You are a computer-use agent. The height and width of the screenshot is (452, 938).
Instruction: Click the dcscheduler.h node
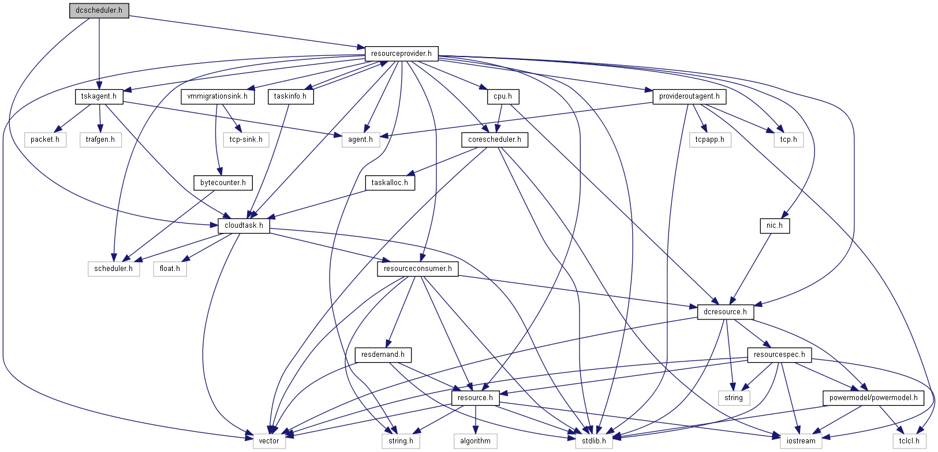[99, 10]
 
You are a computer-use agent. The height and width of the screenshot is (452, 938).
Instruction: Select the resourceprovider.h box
[401, 54]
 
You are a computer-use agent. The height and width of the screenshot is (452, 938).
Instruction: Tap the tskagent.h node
[99, 96]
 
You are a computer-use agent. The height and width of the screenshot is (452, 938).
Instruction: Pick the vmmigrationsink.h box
[217, 96]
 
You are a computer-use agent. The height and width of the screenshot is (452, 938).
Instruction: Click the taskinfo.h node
[290, 96]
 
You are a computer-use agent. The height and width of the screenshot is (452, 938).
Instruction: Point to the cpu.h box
[503, 96]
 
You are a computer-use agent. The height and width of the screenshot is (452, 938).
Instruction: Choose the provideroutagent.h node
[689, 96]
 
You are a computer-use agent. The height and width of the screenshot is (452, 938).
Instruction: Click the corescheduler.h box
[494, 140]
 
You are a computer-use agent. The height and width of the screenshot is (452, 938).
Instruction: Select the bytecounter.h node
[223, 183]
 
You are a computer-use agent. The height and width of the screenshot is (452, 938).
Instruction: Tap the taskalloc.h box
[390, 183]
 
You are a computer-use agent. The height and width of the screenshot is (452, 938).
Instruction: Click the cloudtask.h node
[244, 225]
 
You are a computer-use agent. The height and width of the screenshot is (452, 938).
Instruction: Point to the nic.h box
[775, 225]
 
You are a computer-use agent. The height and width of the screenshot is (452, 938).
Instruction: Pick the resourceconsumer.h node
[418, 269]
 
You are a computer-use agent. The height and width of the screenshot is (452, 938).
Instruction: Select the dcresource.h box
[725, 312]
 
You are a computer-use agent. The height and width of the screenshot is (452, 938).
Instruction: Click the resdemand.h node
[383, 355]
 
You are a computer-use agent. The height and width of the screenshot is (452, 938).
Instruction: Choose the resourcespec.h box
[779, 355]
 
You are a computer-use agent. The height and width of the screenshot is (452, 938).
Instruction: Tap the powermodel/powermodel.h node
[873, 398]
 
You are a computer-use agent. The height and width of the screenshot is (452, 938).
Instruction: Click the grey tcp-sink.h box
[246, 140]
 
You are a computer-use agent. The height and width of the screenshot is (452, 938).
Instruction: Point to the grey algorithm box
[475, 441]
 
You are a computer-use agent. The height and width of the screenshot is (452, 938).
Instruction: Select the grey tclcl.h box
[909, 441]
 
